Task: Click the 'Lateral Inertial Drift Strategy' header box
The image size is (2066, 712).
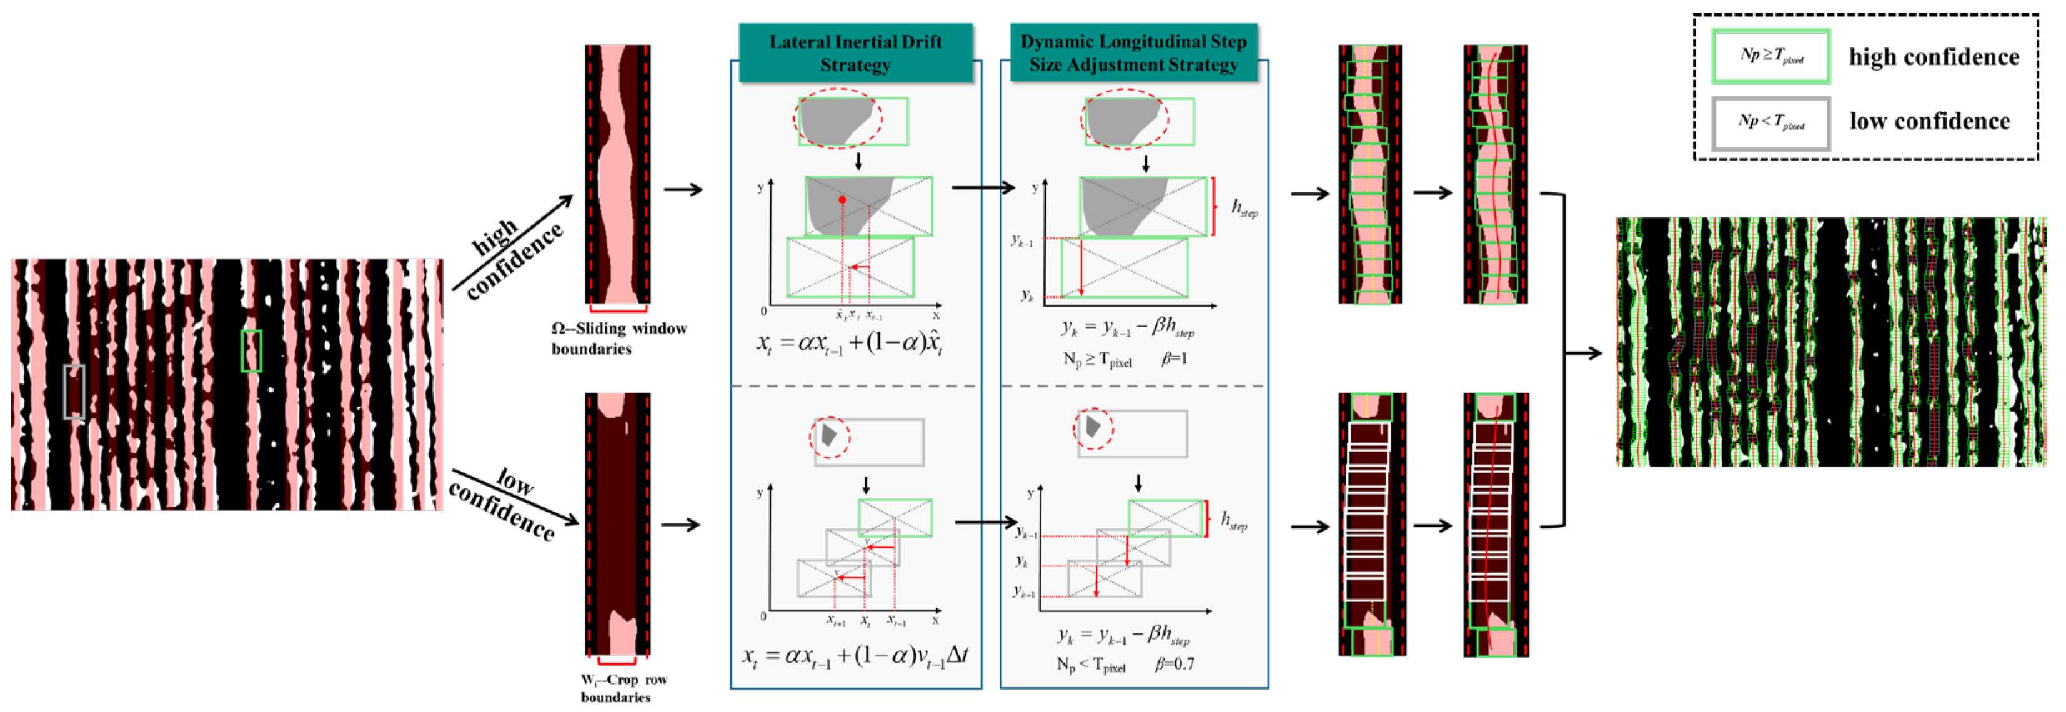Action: pos(855,53)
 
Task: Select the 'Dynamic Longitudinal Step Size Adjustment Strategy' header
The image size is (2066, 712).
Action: pos(1133,53)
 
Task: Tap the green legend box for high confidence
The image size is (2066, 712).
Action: pos(1771,56)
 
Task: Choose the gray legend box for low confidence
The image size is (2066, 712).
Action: pos(1771,122)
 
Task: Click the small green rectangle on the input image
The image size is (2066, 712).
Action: pos(251,350)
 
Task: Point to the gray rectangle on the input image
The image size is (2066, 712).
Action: pos(74,391)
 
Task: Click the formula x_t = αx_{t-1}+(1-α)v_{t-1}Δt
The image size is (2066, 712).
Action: pos(855,656)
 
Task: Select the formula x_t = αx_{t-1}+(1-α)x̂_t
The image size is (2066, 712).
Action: pos(850,343)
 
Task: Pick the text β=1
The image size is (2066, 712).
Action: pos(1174,358)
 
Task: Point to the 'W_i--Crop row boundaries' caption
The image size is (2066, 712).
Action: pos(623,688)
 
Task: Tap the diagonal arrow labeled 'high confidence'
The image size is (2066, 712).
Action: pos(514,242)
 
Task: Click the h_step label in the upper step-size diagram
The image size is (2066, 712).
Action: pos(1244,209)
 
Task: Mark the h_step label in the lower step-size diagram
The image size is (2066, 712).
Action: pos(1234,521)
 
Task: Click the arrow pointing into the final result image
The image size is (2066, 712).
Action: pos(1583,353)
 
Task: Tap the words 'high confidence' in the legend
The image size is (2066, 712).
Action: pos(1934,57)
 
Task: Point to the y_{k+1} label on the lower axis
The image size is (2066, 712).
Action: pos(1023,593)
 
